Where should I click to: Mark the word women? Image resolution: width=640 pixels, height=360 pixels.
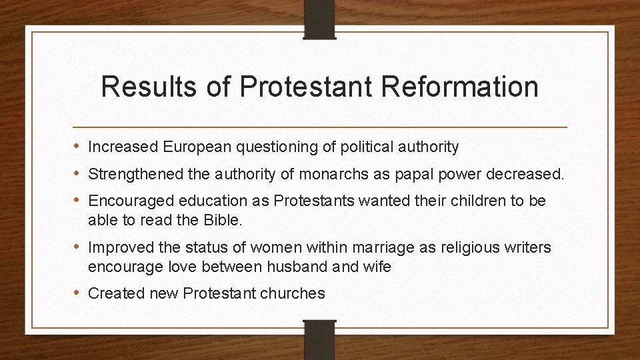[x=269, y=247]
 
